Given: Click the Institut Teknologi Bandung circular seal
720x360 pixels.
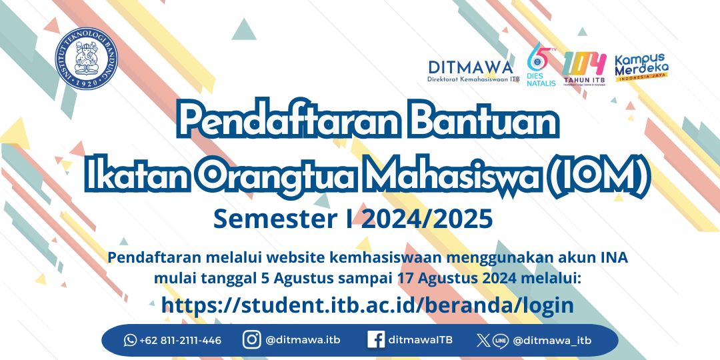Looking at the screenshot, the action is [86, 58].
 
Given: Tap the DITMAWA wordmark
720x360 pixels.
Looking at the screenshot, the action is [471, 67].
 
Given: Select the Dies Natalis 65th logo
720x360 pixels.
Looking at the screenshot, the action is [541, 64].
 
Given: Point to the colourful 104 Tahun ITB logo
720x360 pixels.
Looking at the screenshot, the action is [584, 68].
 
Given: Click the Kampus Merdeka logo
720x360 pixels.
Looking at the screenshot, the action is [641, 67].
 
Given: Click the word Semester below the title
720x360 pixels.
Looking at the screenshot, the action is [279, 219].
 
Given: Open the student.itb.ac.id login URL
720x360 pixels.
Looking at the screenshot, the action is [367, 305].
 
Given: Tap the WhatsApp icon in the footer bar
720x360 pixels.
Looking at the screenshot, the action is [131, 340].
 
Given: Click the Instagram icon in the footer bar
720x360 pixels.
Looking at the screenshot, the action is [251, 340].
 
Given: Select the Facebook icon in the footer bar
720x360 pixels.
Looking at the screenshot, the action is [376, 340].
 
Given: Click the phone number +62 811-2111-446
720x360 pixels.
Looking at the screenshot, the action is [181, 341].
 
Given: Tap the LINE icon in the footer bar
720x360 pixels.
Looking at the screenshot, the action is [501, 341].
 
